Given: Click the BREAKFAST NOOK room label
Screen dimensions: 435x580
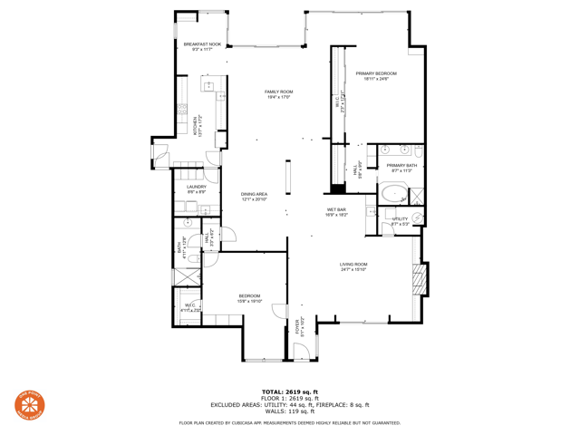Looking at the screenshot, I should point(201,44).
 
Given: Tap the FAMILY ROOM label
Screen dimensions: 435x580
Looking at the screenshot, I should point(278,92).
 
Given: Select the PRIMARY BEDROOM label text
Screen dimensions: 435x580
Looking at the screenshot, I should point(376,73).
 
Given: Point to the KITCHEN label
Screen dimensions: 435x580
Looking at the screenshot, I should point(195,125).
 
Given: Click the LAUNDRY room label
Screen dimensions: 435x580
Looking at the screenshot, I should point(197,187).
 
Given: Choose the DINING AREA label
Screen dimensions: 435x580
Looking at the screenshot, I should point(254,194).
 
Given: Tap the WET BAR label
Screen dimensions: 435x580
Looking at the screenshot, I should point(336,209).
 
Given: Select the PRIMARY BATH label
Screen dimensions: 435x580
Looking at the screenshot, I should point(401,166).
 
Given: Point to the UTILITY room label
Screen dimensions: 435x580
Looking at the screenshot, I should point(401,218).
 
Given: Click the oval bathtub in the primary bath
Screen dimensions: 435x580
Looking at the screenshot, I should point(393,194).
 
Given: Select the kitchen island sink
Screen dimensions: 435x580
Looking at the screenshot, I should point(209,87).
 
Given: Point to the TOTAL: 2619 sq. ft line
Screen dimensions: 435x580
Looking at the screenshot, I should point(289,391).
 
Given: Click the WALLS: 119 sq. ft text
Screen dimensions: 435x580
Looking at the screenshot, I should point(289,411).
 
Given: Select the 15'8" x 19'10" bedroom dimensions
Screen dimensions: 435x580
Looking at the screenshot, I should point(249,301).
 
